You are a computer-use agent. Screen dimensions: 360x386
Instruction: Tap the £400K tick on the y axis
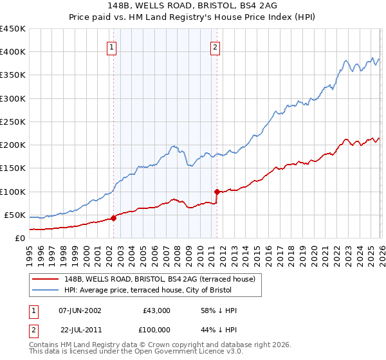[x=12, y=52]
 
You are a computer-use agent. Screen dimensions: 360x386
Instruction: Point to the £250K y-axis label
[x=12, y=122]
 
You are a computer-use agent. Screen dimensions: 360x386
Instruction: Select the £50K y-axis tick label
[x=15, y=215]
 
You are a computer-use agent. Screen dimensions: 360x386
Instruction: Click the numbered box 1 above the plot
[x=112, y=46]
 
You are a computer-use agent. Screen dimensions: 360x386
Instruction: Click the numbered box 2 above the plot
[x=214, y=46]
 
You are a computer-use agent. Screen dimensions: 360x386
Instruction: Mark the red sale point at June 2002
[x=113, y=218]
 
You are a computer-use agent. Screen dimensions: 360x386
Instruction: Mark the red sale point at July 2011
[x=217, y=191]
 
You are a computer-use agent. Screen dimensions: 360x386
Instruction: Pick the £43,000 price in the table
[x=156, y=310]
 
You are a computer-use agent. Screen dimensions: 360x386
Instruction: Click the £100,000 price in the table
[x=155, y=330]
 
